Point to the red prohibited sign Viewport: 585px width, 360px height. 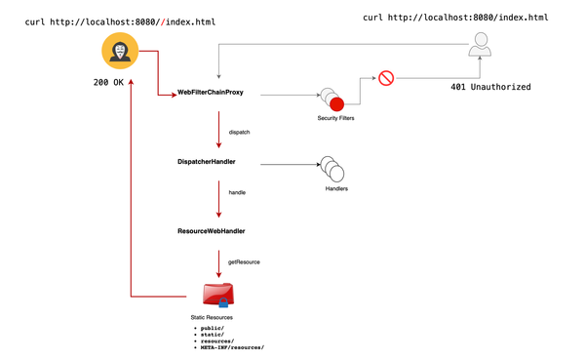point(385,77)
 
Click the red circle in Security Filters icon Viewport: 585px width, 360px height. point(336,103)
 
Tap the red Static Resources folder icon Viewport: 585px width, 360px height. point(217,295)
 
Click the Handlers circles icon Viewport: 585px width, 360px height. point(334,169)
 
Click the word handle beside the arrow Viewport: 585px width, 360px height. point(237,193)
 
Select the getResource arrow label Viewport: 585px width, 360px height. point(243,262)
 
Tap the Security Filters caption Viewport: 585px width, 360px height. point(336,119)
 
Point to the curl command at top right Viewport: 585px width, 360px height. point(454,18)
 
